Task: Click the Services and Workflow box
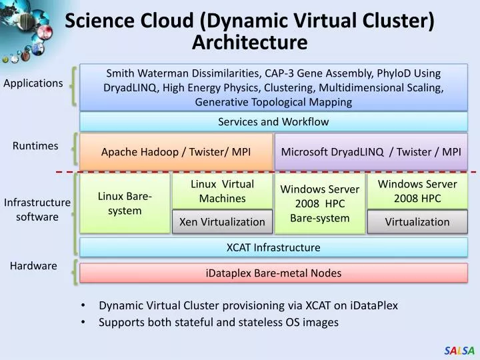[273, 121]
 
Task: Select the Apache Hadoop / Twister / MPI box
[176, 151]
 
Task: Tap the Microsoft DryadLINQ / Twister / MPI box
[371, 151]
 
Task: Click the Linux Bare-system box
[125, 203]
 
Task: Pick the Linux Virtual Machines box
[222, 191]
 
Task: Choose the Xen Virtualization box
[222, 222]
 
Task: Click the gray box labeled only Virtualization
[417, 222]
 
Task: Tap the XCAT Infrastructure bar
[273, 247]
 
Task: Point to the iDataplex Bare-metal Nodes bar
[273, 273]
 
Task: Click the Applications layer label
[33, 83]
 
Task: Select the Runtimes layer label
[35, 145]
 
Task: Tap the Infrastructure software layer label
[37, 209]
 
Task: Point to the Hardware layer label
[33, 265]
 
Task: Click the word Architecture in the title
[249, 43]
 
